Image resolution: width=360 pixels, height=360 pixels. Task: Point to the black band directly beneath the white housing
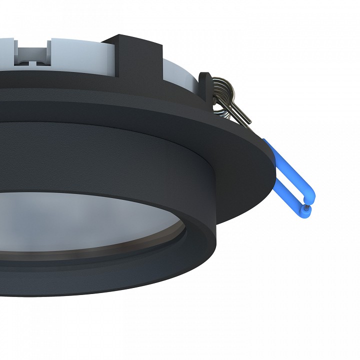tap(100, 80)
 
